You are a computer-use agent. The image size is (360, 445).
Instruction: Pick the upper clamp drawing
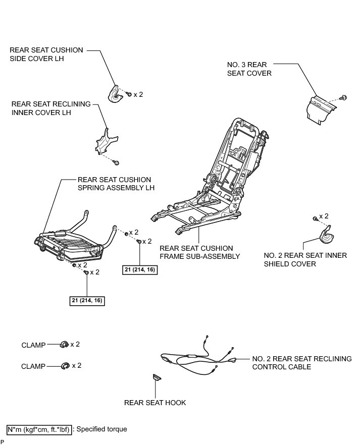[x=64, y=345]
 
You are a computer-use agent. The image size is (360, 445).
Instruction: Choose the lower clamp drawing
[x=64, y=365]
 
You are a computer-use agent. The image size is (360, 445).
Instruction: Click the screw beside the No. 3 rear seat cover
[x=344, y=96]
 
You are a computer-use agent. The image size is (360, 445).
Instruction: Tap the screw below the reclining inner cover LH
[x=116, y=162]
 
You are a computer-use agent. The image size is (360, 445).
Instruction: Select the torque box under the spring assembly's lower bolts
[x=87, y=300]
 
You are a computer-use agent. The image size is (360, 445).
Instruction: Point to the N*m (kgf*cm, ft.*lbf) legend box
[x=38, y=429]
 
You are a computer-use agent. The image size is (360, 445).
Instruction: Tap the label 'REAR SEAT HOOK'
[x=155, y=403]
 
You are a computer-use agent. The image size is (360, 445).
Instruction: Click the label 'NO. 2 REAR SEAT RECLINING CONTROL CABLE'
[x=301, y=363]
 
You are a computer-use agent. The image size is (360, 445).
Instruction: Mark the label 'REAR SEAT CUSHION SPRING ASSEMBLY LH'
[x=116, y=184]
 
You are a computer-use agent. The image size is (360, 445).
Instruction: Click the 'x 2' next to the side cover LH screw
[x=138, y=94]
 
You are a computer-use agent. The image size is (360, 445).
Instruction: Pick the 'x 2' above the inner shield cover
[x=324, y=216]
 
